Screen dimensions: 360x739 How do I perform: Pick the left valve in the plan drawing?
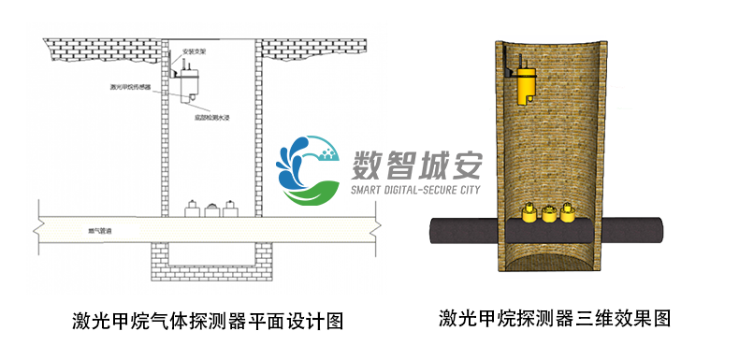pyautogui.click(x=192, y=209)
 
